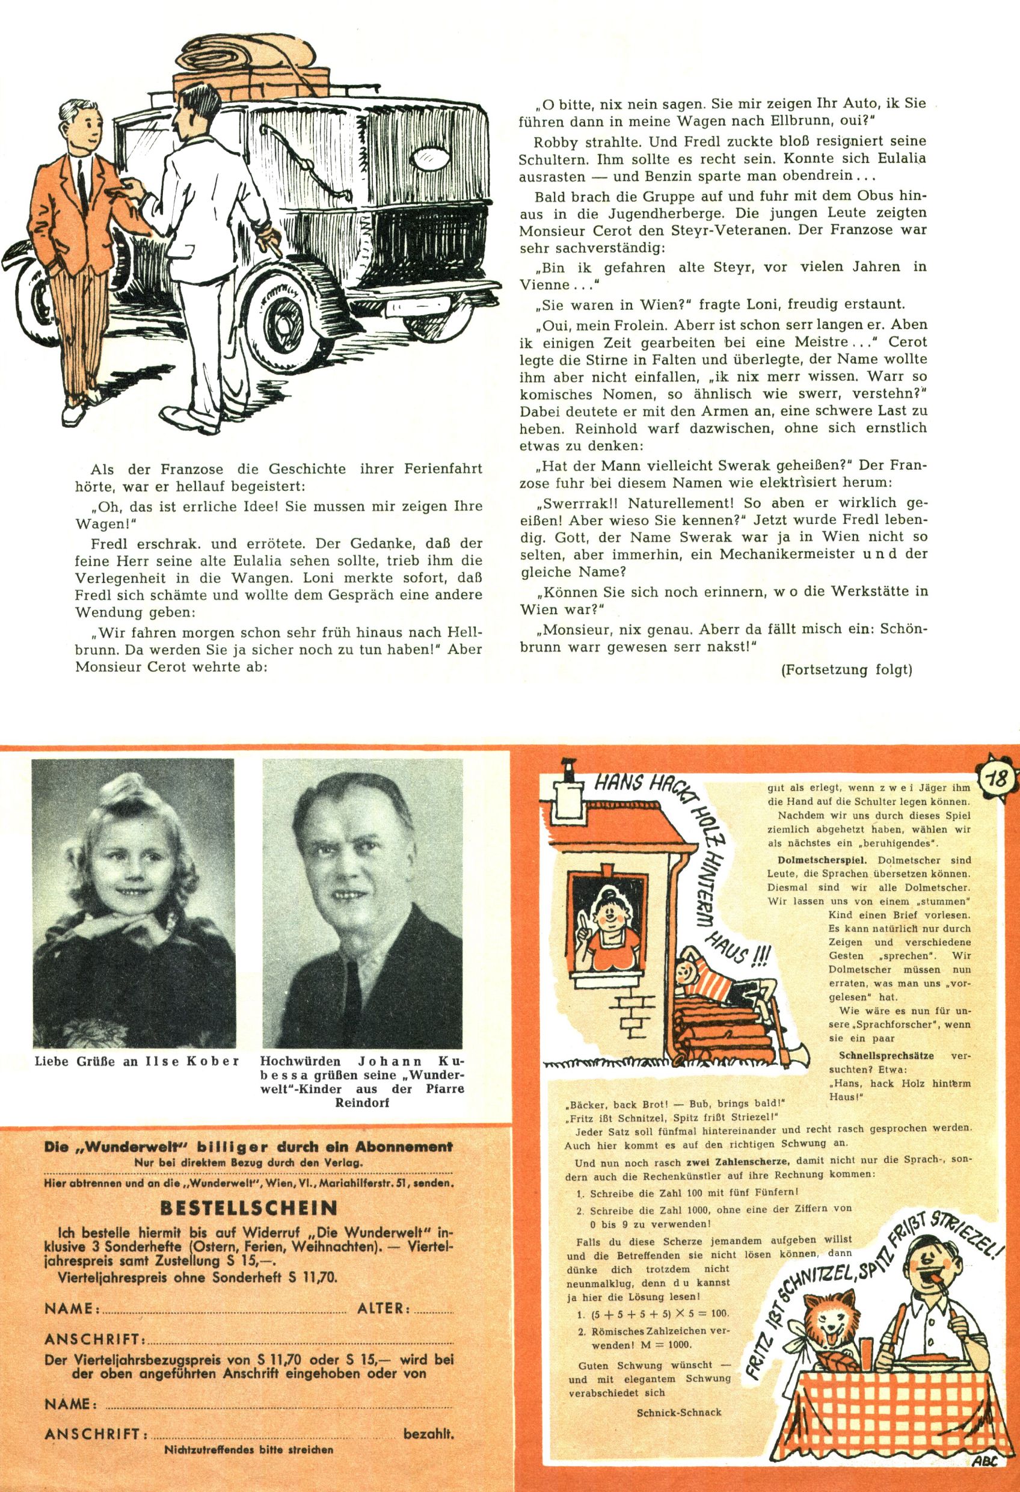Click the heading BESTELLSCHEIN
[248, 1208]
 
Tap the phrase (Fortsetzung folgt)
[846, 670]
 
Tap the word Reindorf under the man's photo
[362, 1102]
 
